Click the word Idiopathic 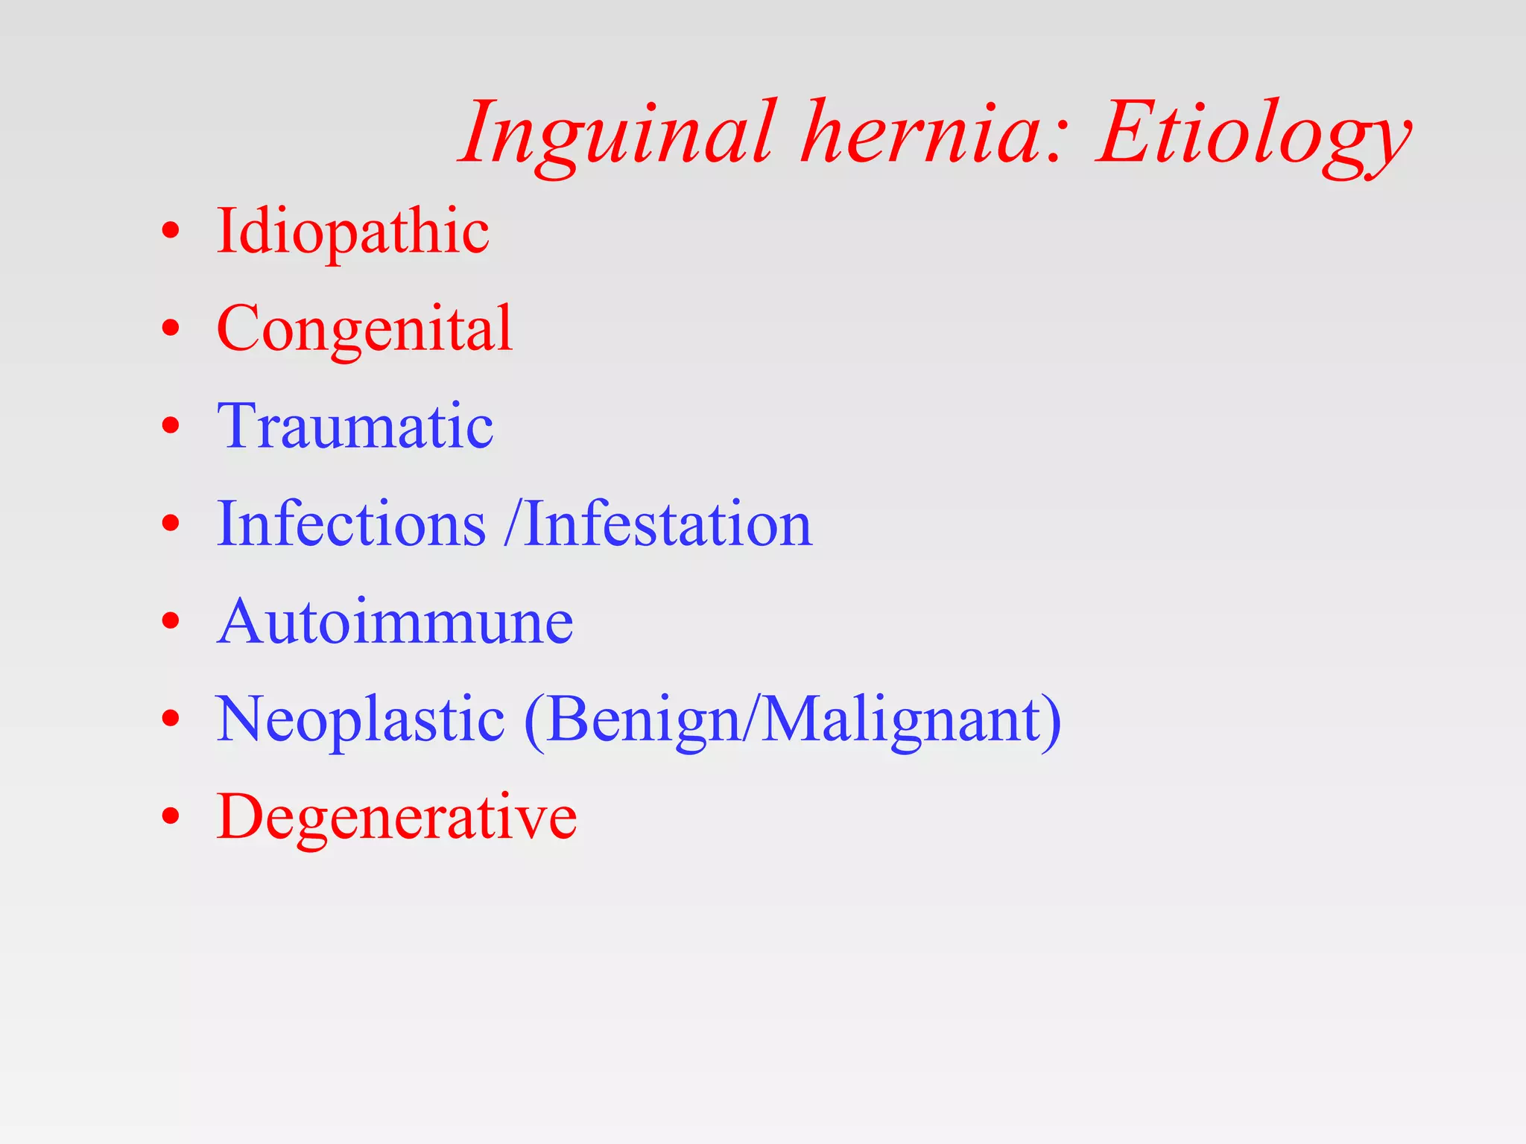(x=352, y=231)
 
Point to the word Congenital (x=364, y=328)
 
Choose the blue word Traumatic (x=355, y=426)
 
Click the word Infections (x=351, y=524)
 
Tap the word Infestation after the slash (x=668, y=524)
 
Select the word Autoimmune (x=395, y=621)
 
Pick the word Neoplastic (x=360, y=719)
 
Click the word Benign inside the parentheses (x=643, y=719)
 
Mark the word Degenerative (x=396, y=817)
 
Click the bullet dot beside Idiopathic (x=171, y=231)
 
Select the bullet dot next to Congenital (x=171, y=328)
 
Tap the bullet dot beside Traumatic (x=171, y=426)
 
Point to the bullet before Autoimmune (x=171, y=621)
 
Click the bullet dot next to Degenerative (x=171, y=817)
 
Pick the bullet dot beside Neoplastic (x=171, y=719)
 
